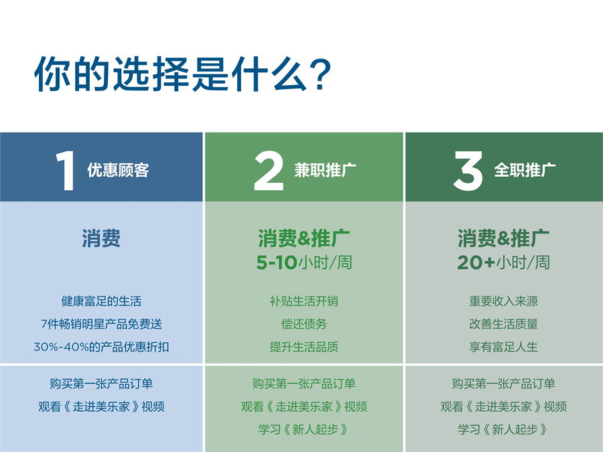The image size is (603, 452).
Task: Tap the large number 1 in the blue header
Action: coord(64,171)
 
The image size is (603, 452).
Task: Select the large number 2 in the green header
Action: coord(269,171)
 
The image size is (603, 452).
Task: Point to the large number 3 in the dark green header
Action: coord(468,171)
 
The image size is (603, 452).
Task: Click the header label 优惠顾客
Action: coord(118,170)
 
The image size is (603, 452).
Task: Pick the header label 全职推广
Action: coord(525,170)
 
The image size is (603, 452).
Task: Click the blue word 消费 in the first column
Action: coord(101,238)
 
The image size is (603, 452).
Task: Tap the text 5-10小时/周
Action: coord(304,262)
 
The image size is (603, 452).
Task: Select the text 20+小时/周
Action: coord(503,262)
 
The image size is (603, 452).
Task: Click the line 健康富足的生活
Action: coord(101,301)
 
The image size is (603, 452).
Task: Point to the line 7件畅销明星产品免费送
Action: coord(101,324)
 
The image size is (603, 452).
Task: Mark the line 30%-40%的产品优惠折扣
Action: coord(101,347)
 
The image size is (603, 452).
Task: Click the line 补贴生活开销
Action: coord(304,301)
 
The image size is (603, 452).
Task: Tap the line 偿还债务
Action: coord(304,324)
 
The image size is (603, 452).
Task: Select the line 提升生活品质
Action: coord(304,347)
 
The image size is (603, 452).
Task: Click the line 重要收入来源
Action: coord(503,301)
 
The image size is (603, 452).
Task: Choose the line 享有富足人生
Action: coord(503,347)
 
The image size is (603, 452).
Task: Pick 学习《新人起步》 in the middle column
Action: coord(304,429)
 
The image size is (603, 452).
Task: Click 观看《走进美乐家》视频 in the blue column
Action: coord(101,406)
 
